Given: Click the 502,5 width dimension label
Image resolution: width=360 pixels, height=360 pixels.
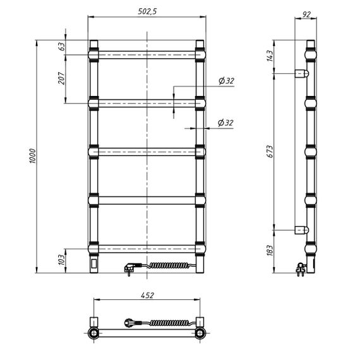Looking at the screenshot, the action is [x=147, y=11].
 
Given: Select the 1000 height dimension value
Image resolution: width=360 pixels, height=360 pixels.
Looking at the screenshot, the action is [x=33, y=156].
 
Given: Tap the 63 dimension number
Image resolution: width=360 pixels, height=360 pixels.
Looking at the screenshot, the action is [x=62, y=46].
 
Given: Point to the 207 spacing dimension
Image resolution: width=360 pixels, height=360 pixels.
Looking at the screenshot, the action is [x=61, y=78].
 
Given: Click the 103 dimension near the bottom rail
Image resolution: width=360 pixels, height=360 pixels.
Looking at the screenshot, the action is [x=61, y=260].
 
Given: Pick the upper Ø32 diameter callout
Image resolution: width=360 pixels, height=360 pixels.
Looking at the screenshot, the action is [x=226, y=81].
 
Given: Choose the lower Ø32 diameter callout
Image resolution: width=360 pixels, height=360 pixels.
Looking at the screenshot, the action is [x=225, y=123].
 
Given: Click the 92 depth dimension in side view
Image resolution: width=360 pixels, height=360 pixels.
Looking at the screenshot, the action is [x=306, y=15].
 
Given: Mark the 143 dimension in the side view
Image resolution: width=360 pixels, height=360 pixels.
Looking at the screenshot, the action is [x=270, y=56].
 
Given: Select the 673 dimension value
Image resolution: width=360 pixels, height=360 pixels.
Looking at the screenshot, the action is [x=270, y=152].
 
